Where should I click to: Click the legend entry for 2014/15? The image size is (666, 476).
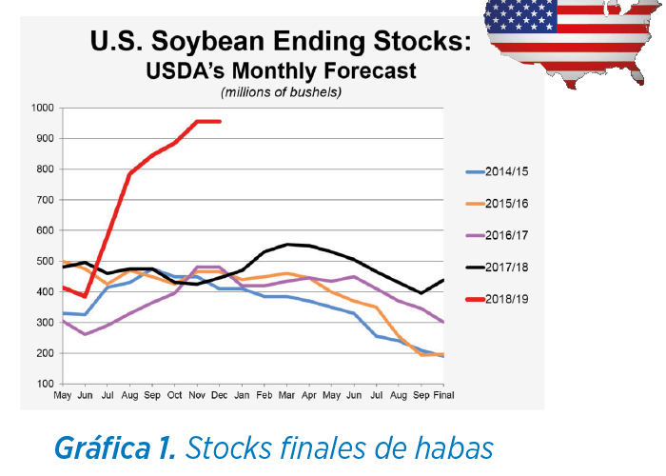pos(497,171)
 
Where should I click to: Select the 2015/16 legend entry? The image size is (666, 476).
pos(497,204)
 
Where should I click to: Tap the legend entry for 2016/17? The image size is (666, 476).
pos(497,235)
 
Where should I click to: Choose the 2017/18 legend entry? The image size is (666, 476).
pos(497,268)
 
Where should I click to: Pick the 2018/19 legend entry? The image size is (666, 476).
pos(497,299)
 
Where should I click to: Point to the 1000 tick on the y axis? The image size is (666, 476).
pos(43,108)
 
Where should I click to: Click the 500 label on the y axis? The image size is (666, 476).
pos(45,262)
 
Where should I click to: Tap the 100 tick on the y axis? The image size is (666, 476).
pos(45,384)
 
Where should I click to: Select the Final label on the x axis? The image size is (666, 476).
pos(443,395)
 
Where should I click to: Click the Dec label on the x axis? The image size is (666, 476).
pos(219,395)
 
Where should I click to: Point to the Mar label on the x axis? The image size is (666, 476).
pos(286,395)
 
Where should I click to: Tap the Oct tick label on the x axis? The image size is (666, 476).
pos(174,395)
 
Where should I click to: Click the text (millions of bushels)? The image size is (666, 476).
pos(282,91)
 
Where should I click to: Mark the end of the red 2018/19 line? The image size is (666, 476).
pos(220,122)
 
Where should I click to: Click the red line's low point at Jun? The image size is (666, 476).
pos(85,296)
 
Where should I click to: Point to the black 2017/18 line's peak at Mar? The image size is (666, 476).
pos(287,245)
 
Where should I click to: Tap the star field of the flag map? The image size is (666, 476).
pos(520,15)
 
